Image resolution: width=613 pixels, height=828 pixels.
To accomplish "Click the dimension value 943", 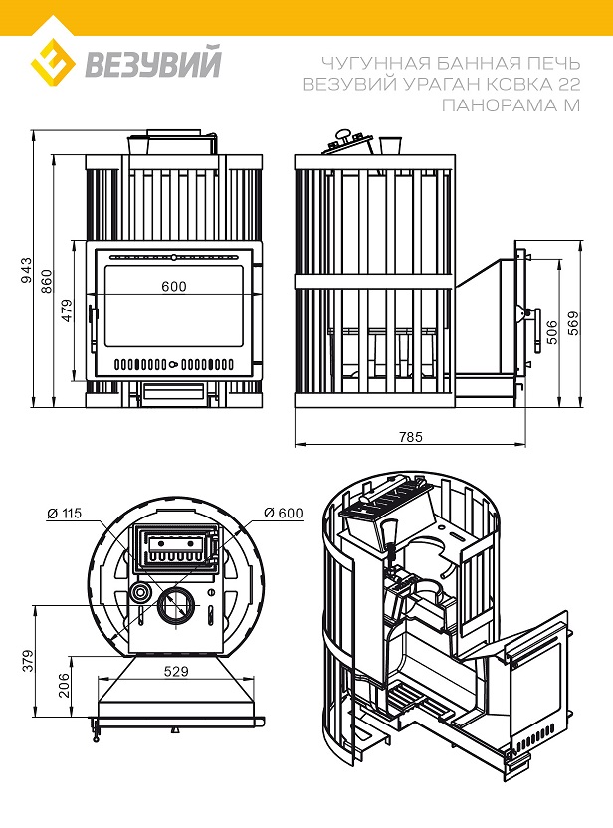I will pyautogui.click(x=27, y=269).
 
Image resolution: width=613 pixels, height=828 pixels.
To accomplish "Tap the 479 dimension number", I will pyautogui.click(x=68, y=310).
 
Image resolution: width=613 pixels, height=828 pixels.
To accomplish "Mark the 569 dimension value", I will pyautogui.click(x=572, y=323).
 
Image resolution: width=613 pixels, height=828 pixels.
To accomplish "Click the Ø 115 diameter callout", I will pyautogui.click(x=65, y=514).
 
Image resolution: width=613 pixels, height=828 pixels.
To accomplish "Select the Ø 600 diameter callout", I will pyautogui.click(x=284, y=514).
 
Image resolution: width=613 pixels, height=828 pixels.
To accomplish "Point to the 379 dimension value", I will pyautogui.click(x=27, y=660).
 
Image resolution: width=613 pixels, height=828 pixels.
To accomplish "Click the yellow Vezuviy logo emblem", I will pyautogui.click(x=54, y=65).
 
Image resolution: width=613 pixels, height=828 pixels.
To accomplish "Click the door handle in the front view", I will pyautogui.click(x=92, y=325).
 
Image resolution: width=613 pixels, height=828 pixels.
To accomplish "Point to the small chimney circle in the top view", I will pyautogui.click(x=141, y=594).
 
